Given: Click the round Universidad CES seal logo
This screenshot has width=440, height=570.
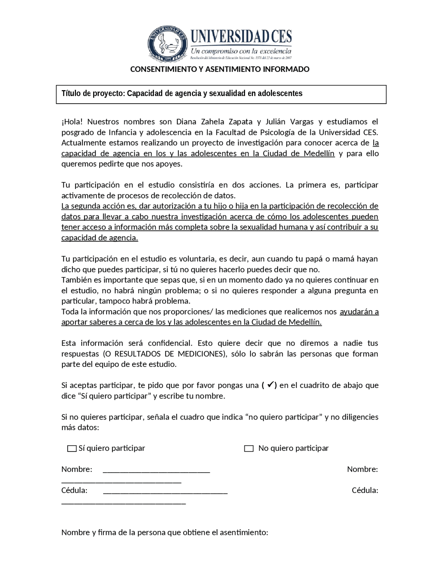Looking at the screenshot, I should pyautogui.click(x=167, y=44).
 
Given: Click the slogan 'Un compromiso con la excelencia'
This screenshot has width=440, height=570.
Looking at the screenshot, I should pyautogui.click(x=241, y=51).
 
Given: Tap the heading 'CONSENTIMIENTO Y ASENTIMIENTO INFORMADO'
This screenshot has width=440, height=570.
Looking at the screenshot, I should pyautogui.click(x=220, y=69).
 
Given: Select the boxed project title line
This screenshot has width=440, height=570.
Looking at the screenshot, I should pyautogui.click(x=182, y=94).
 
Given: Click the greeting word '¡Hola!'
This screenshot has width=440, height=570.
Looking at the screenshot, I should pyautogui.click(x=72, y=122).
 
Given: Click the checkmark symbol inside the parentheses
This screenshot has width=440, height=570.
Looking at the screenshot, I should pyautogui.click(x=270, y=385).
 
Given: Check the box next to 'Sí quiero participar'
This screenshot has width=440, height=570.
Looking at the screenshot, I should pyautogui.click(x=72, y=448).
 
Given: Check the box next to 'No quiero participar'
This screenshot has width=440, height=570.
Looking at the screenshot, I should pyautogui.click(x=249, y=448).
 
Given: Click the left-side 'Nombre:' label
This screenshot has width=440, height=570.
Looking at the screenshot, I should pyautogui.click(x=77, y=469).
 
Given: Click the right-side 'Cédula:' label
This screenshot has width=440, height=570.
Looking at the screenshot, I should pyautogui.click(x=365, y=490).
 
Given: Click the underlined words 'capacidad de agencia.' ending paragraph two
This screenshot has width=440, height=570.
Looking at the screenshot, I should pyautogui.click(x=100, y=238).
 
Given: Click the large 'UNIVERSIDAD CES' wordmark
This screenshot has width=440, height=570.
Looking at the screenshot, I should pyautogui.click(x=241, y=36).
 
